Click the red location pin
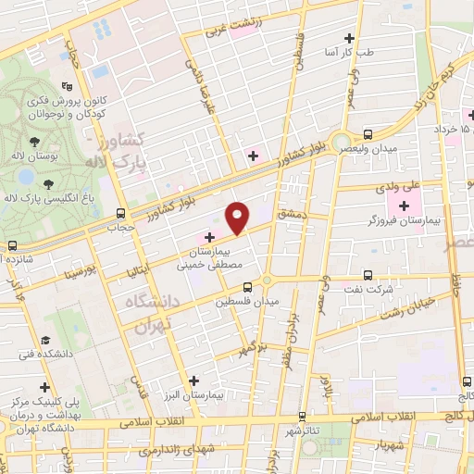point(238,218)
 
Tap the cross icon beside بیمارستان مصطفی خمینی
point(209,236)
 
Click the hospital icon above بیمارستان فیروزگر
point(404,204)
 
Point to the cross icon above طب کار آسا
point(349,38)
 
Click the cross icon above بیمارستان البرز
point(193,380)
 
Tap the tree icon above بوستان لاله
point(34,142)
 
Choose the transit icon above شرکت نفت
point(368,275)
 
